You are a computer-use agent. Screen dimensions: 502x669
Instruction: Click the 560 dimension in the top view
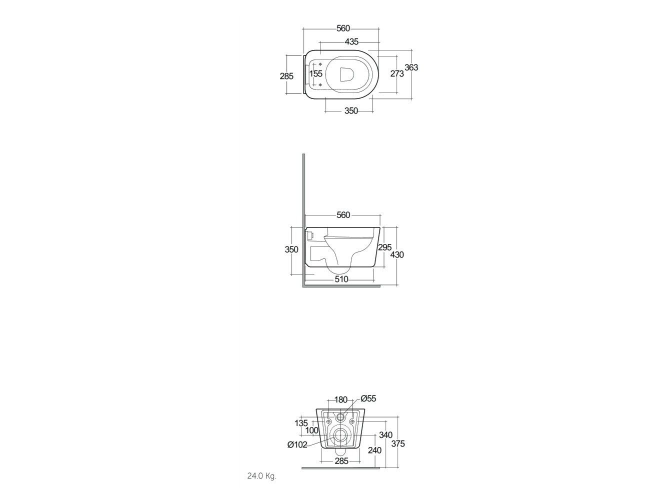click(343, 28)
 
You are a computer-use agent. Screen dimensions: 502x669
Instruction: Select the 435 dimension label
click(351, 42)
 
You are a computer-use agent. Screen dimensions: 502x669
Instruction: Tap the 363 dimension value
click(411, 68)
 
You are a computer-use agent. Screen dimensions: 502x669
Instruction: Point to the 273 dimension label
click(397, 74)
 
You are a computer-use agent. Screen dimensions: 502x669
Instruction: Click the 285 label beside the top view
click(286, 76)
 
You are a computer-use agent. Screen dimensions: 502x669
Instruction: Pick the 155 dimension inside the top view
click(315, 73)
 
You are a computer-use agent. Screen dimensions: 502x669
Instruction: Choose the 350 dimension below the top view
click(351, 111)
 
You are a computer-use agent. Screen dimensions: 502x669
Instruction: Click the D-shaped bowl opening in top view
click(347, 74)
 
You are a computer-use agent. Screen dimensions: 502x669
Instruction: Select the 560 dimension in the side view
click(343, 215)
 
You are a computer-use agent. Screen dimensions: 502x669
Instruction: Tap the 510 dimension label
click(341, 279)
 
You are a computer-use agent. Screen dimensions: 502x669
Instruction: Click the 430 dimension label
click(397, 255)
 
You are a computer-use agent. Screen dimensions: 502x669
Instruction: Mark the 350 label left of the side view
click(291, 249)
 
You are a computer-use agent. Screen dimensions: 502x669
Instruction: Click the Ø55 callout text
click(368, 399)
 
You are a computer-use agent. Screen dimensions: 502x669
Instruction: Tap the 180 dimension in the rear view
click(340, 399)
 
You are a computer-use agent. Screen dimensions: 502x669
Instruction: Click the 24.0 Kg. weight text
click(261, 476)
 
